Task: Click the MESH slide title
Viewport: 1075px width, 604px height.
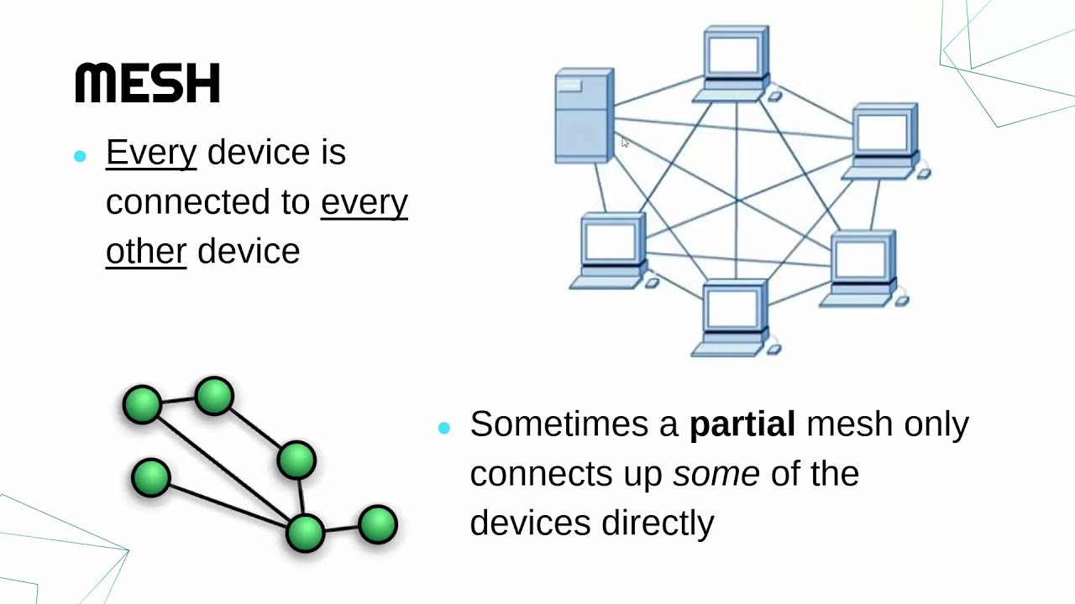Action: pyautogui.click(x=148, y=83)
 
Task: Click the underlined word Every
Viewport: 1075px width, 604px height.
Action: pyautogui.click(x=151, y=152)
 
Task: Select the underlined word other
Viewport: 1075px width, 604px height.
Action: pyautogui.click(x=146, y=251)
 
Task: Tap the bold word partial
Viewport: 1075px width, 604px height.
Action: pyautogui.click(x=742, y=424)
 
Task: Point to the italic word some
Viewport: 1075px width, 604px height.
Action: pyautogui.click(x=716, y=473)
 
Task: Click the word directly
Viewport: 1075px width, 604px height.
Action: pyautogui.click(x=658, y=523)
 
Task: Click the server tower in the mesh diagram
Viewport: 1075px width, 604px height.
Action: pyautogui.click(x=585, y=116)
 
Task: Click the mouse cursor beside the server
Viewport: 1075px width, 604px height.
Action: pyautogui.click(x=625, y=143)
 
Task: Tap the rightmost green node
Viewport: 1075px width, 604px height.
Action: pyautogui.click(x=377, y=524)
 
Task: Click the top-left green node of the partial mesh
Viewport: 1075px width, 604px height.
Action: pyautogui.click(x=142, y=404)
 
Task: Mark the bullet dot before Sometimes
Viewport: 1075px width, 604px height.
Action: pyautogui.click(x=444, y=428)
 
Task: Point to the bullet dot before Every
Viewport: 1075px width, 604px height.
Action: pyautogui.click(x=80, y=156)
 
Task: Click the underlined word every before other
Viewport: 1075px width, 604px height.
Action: pyautogui.click(x=364, y=201)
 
